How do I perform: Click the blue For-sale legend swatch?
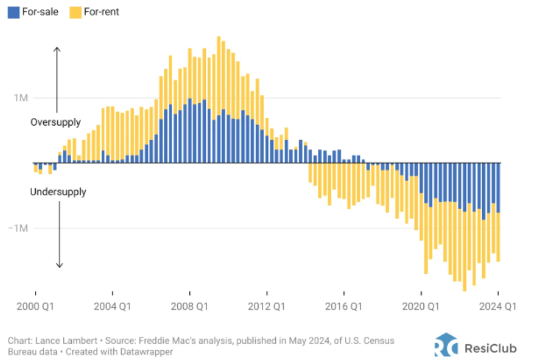(x=13, y=11)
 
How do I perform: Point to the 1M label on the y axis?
(x=21, y=98)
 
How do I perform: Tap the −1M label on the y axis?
(x=19, y=228)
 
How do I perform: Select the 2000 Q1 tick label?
(x=35, y=307)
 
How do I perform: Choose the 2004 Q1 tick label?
(x=113, y=307)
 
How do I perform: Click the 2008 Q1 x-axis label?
(x=190, y=307)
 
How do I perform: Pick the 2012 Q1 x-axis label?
(x=267, y=307)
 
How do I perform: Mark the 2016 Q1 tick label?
(x=344, y=307)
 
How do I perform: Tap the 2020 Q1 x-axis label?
(x=422, y=307)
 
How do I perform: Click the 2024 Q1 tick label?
(x=498, y=307)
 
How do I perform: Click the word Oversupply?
(x=56, y=122)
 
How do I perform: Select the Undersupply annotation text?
(x=58, y=192)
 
